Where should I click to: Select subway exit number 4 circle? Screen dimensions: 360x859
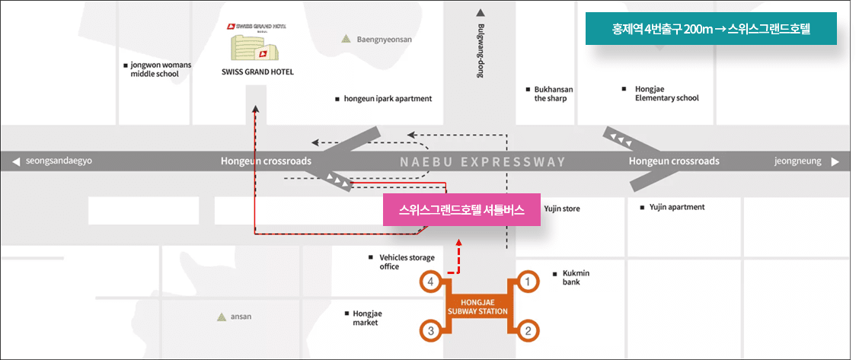(431, 282)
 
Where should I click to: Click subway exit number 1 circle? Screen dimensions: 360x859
(528, 282)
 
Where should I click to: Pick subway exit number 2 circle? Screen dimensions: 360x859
(528, 330)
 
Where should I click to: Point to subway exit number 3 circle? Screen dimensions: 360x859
(431, 330)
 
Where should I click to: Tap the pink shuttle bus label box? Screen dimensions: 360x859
(461, 209)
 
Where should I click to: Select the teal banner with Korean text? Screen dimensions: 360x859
(712, 31)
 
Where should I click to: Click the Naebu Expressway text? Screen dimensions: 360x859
(483, 161)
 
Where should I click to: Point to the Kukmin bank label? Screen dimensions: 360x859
(576, 277)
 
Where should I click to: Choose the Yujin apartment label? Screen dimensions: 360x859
(676, 207)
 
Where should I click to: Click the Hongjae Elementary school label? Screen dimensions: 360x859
(666, 94)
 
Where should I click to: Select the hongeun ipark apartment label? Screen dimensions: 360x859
(387, 99)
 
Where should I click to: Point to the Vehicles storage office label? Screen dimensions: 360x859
(406, 262)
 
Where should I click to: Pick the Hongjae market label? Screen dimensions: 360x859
(367, 317)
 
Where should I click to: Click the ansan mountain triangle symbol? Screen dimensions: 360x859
(221, 317)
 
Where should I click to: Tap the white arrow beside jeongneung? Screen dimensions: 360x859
(835, 161)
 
